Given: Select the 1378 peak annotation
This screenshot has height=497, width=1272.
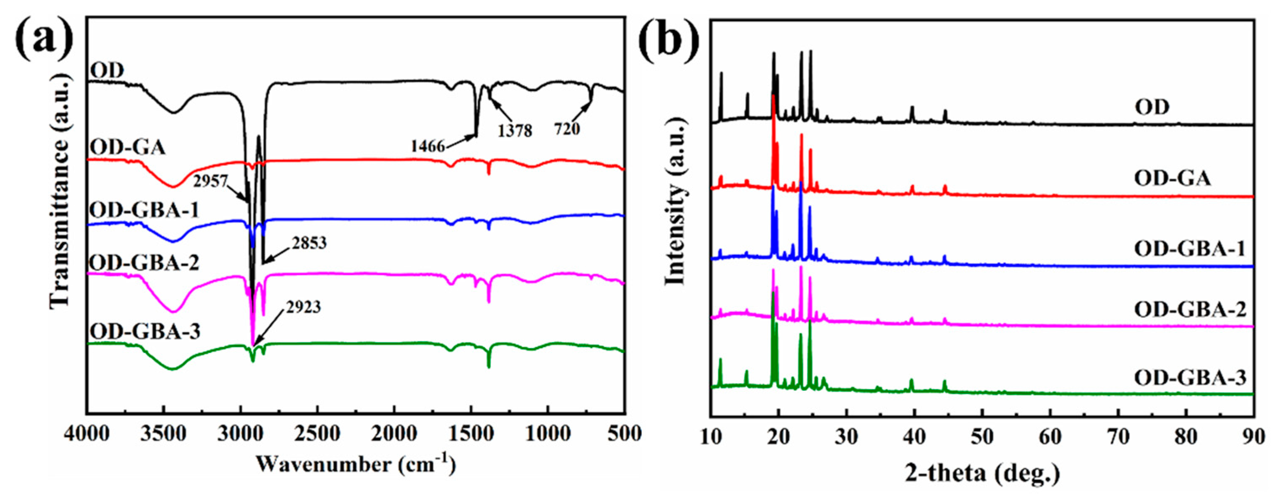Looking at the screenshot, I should [x=515, y=131].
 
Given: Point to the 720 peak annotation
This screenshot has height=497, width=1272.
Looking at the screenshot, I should [x=566, y=129].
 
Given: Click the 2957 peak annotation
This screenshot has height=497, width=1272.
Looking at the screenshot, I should [x=211, y=182].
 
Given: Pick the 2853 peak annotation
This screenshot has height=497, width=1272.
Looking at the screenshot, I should [x=309, y=243].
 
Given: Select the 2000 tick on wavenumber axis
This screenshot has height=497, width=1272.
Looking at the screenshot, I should [x=394, y=434].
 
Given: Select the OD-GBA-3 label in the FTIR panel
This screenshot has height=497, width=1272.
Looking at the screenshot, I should [x=145, y=332].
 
